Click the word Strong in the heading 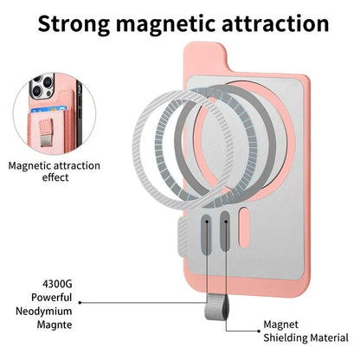pyautogui.click(x=74, y=23)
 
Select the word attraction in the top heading pyautogui.click(x=275, y=23)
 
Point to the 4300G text pyautogui.click(x=57, y=284)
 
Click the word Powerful pyautogui.click(x=52, y=298)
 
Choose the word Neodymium pyautogui.click(x=44, y=312)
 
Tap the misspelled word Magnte pyautogui.click(x=55, y=325)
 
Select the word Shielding pyautogui.click(x=283, y=337)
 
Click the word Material pyautogui.click(x=327, y=337)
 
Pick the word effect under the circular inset pyautogui.click(x=55, y=177)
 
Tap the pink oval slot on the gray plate pyautogui.click(x=245, y=228)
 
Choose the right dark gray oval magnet pyautogui.click(x=226, y=231)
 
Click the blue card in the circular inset pyautogui.click(x=48, y=110)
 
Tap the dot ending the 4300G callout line pyautogui.click(x=80, y=303)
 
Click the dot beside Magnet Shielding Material pyautogui.click(x=259, y=331)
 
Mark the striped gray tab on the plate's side pyautogui.click(x=183, y=237)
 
